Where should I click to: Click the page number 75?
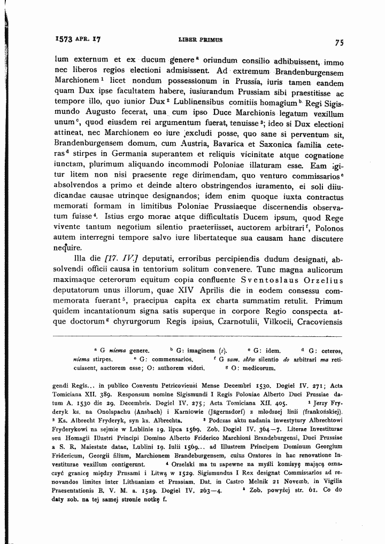pyautogui.click(x=339, y=43)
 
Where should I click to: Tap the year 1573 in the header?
pyautogui.click(x=64, y=39)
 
